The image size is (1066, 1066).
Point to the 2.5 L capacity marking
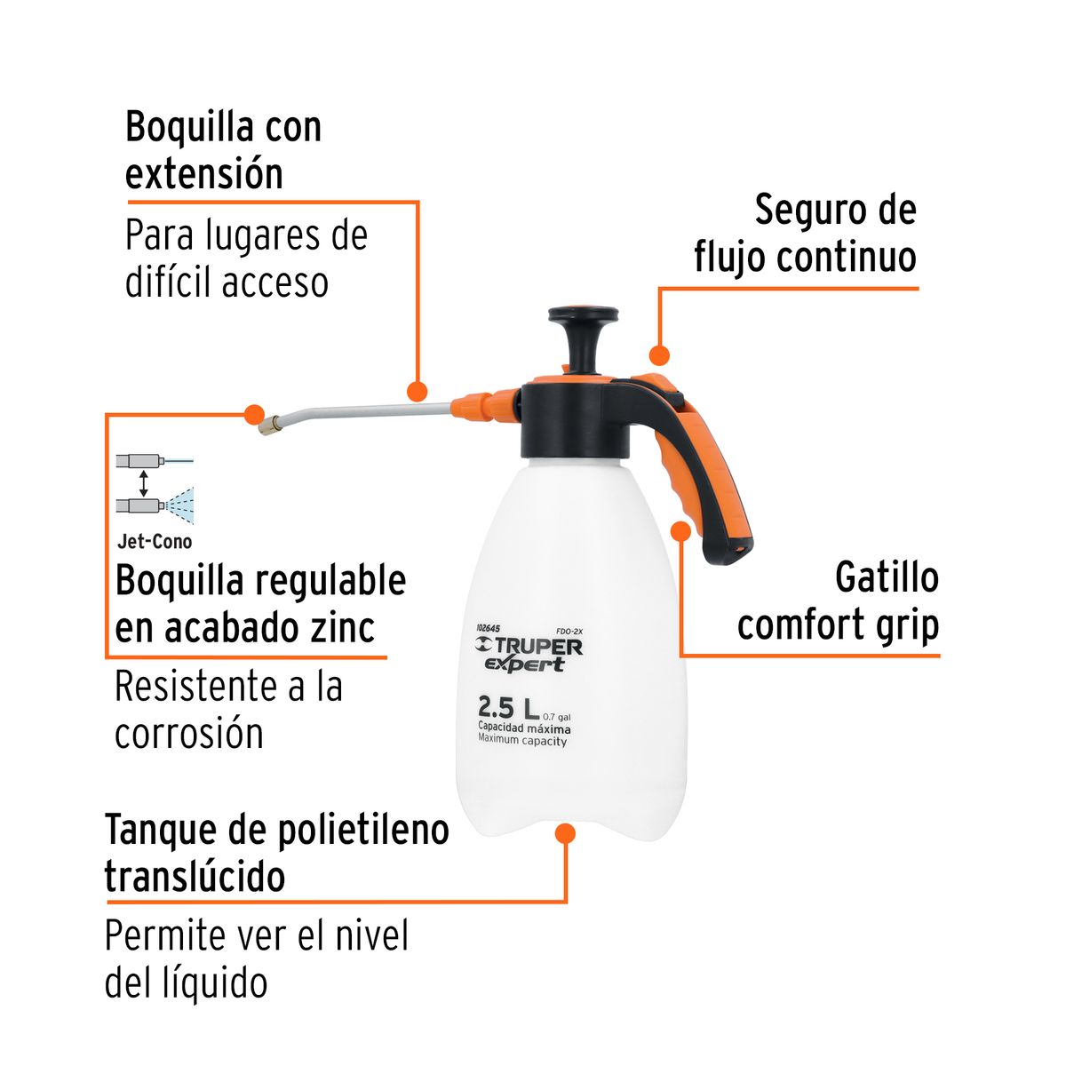point(508,707)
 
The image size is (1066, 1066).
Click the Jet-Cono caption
point(155,541)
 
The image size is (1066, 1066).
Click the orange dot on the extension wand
point(417,391)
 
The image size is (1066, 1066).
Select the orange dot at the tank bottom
point(565,833)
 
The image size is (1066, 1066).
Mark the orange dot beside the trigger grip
point(680,531)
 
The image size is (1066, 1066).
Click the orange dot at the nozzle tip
point(254,414)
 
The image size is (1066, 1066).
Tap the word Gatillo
point(887,578)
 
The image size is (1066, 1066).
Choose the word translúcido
point(195,877)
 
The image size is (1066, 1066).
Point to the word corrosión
point(189,735)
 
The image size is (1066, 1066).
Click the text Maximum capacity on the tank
point(522,741)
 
